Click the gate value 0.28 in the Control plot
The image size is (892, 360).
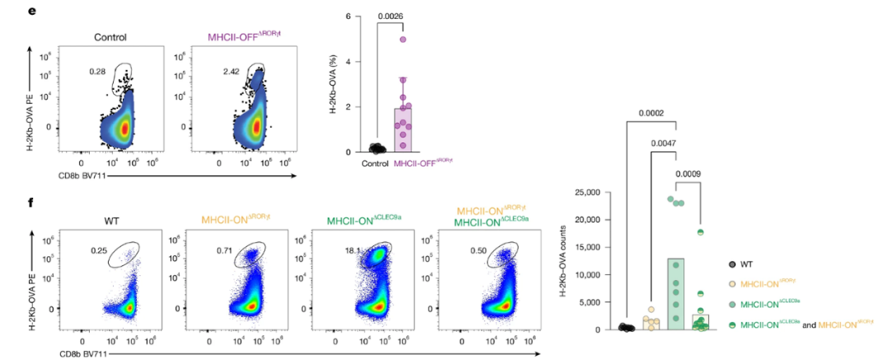coord(97,72)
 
